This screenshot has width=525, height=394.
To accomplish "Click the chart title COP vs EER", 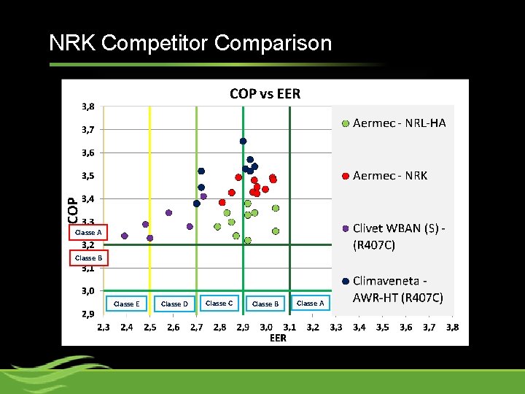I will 265,93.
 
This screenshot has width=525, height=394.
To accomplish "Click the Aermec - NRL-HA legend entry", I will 398,123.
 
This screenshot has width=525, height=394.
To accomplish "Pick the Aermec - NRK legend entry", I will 389,176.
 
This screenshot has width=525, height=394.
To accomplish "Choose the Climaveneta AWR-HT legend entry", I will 397,289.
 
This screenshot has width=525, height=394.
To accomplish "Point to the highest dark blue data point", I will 243,141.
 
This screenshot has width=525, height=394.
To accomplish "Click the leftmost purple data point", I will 124,236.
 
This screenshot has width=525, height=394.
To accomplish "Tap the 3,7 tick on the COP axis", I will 87,130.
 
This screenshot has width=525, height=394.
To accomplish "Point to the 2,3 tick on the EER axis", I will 104,328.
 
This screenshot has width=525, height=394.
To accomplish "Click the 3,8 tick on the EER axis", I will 452,328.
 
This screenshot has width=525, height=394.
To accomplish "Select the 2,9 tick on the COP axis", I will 87,314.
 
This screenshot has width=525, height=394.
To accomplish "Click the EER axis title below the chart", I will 278,338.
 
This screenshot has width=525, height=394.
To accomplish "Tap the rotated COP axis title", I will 73,209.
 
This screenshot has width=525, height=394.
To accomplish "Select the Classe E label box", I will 126,304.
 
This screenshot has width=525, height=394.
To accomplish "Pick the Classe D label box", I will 174,304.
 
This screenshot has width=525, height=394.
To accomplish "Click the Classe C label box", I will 219,303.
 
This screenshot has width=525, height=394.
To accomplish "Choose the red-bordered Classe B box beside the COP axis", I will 89,258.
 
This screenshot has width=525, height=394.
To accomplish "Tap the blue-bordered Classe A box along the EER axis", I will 310,303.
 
